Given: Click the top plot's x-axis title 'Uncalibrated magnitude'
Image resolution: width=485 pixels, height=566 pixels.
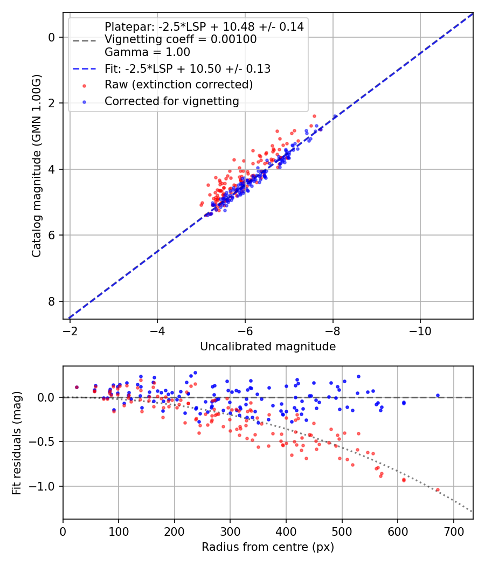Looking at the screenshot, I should tap(268, 347).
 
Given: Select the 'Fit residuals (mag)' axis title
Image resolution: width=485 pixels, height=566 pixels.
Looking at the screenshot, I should tap(17, 443).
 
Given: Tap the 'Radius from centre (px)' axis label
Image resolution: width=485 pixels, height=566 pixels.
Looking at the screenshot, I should tap(268, 547).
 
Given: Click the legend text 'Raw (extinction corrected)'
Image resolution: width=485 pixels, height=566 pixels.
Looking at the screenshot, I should tap(178, 85).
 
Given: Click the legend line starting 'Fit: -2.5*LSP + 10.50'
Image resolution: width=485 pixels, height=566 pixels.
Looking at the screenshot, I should tap(187, 68).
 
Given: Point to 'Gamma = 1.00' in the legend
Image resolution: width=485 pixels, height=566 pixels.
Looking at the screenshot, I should tap(147, 52).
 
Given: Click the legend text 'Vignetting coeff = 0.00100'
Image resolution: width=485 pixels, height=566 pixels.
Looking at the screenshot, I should tap(181, 39).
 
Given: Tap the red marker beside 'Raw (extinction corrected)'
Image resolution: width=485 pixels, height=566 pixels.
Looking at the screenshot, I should tap(84, 85).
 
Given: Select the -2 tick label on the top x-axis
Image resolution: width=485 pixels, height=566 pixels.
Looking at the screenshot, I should tap(70, 331).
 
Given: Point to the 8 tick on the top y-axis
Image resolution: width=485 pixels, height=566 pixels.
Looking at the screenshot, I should tap(52, 301).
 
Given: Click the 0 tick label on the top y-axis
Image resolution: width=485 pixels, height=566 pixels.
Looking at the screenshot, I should tap(52, 37).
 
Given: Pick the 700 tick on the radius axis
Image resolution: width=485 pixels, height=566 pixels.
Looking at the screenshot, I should tap(453, 532).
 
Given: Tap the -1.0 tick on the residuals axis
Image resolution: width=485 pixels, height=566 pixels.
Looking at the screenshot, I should tap(45, 486).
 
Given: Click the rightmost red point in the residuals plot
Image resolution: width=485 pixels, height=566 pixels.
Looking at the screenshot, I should tap(438, 490).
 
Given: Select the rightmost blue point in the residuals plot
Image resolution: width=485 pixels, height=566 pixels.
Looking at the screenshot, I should tap(438, 396).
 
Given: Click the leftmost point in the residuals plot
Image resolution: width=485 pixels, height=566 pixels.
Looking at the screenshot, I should tap(77, 387).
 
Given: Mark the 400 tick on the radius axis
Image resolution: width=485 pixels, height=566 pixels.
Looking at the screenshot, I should tap(286, 532).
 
